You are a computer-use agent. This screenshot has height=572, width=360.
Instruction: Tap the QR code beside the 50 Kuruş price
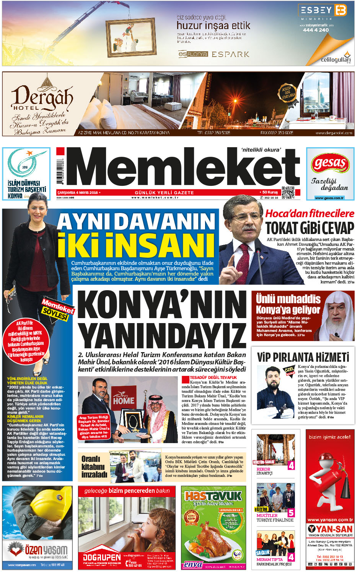coord(288,193)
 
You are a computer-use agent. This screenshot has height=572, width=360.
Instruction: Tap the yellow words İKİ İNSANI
coord(136,245)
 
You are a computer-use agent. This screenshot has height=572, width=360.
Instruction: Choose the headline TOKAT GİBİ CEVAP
coord(310,228)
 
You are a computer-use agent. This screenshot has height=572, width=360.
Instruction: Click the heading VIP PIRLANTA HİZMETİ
coord(303,357)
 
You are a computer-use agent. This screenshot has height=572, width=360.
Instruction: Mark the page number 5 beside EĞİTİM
coord(291,513)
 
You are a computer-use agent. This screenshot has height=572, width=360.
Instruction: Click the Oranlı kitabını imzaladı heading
coord(94,466)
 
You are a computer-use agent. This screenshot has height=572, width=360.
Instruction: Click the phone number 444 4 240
coord(316,30)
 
